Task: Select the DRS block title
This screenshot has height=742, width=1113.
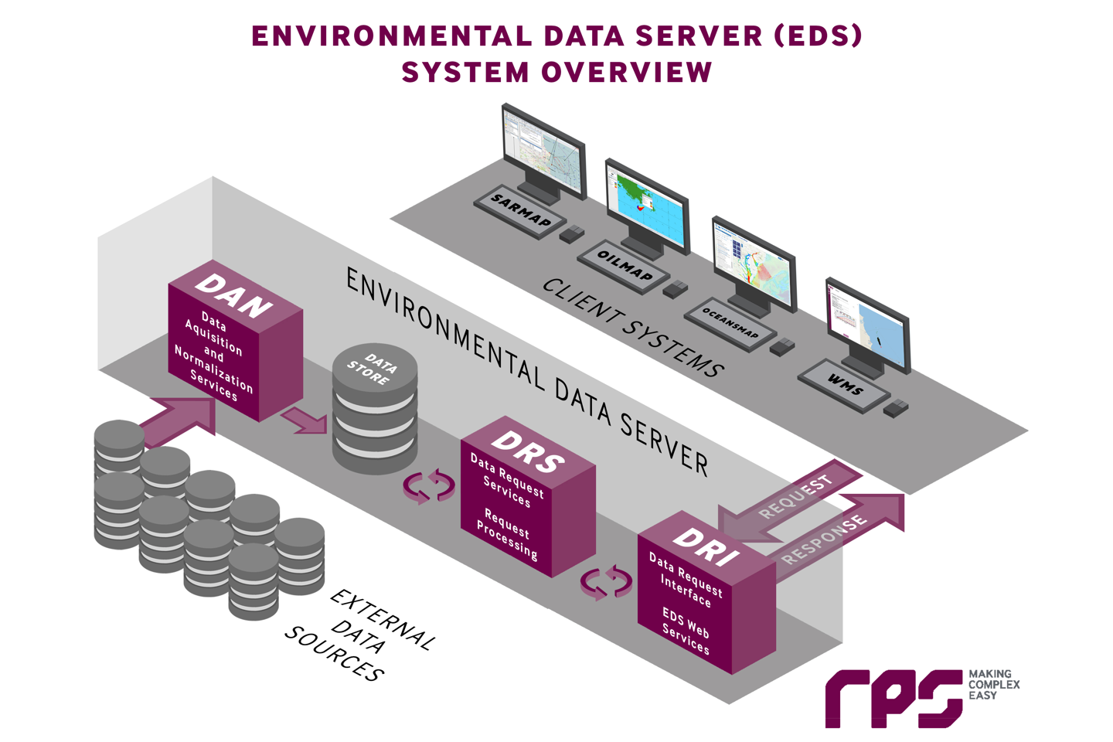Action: pyautogui.click(x=528, y=451)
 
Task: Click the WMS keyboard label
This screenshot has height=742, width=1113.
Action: pyautogui.click(x=844, y=384)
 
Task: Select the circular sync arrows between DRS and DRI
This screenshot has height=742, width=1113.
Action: pyautogui.click(x=607, y=582)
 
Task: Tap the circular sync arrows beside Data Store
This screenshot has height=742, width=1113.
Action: pyautogui.click(x=429, y=486)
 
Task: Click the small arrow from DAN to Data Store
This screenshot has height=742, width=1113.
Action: pyautogui.click(x=305, y=420)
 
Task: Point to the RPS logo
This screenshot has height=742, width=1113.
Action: pyautogui.click(x=893, y=697)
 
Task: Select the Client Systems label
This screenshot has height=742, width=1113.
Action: pyautogui.click(x=632, y=328)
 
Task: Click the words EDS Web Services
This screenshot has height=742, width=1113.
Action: pyautogui.click(x=686, y=631)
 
